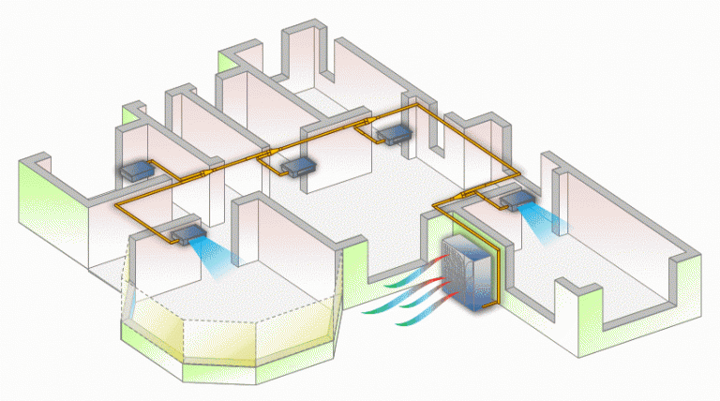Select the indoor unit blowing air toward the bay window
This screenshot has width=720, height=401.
click(x=187, y=231)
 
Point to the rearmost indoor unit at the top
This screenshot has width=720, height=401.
click(x=393, y=134)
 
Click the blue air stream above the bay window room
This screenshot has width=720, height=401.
click(x=220, y=255)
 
